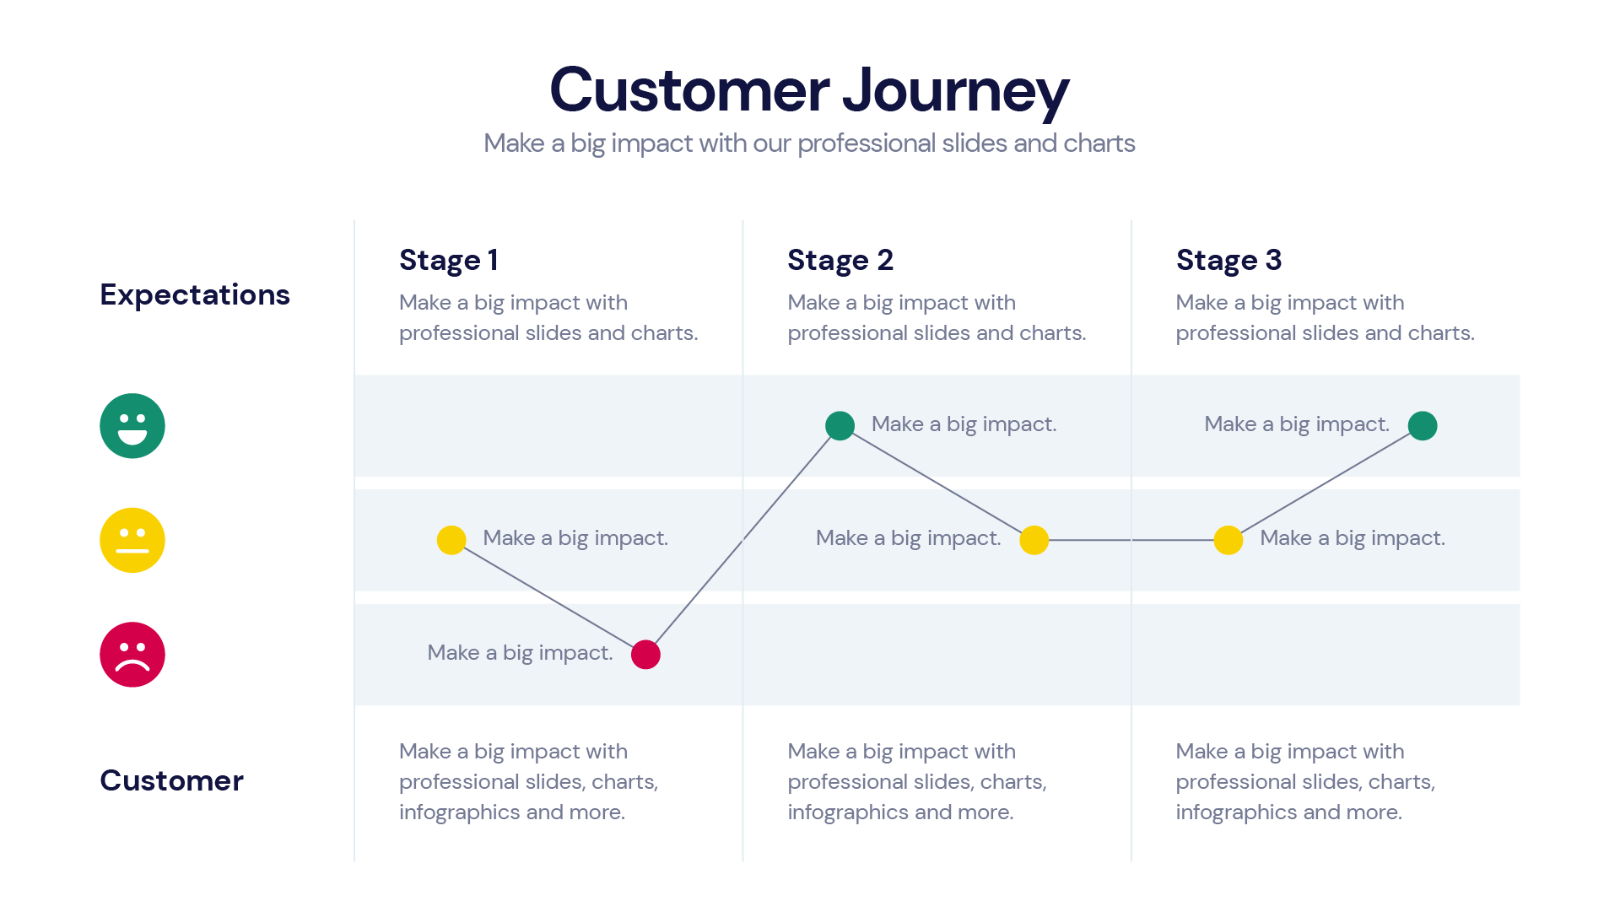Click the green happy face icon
click(132, 426)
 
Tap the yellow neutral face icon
click(132, 540)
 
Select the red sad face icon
click(132, 655)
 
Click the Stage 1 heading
click(448, 260)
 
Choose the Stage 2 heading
click(840, 260)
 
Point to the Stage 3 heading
click(1228, 260)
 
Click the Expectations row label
click(195, 294)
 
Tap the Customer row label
click(171, 780)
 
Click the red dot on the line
click(645, 655)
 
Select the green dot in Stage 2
click(840, 425)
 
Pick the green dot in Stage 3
click(1423, 425)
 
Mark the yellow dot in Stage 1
click(451, 540)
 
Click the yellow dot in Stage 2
click(1034, 540)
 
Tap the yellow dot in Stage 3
click(1228, 540)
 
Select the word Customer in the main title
click(689, 90)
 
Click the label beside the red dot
click(520, 653)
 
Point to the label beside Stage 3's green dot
click(1296, 424)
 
